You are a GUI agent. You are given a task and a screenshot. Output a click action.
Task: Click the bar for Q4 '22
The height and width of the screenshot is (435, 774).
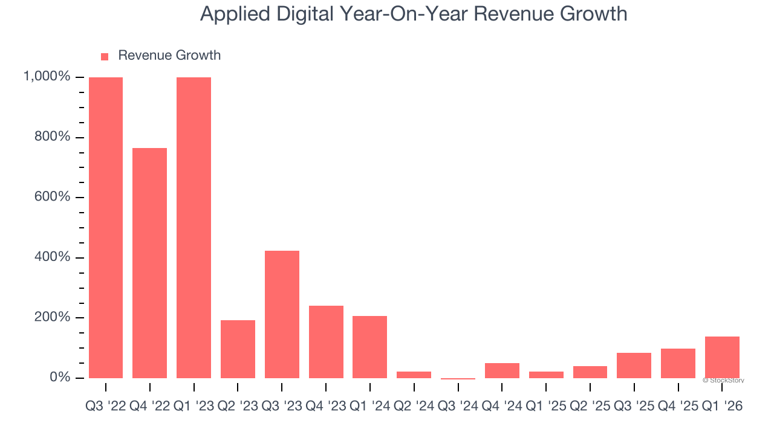point(149,263)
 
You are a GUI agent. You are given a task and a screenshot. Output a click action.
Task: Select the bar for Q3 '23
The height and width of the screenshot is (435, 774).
point(282,314)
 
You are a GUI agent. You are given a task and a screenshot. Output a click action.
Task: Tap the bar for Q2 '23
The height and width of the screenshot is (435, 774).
point(238,349)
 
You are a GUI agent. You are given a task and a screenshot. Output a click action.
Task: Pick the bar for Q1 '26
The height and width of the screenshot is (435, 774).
point(722,357)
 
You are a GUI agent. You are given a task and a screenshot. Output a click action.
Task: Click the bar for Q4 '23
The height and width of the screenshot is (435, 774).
point(326,341)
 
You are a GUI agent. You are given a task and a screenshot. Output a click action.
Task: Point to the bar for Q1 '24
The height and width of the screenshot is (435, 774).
point(370,347)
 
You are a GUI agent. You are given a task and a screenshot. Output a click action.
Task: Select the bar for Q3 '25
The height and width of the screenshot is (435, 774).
point(634,365)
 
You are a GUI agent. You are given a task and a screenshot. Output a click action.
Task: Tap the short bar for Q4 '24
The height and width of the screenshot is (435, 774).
point(502,370)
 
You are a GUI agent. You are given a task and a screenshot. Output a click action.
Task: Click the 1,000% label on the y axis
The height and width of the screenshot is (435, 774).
point(47,77)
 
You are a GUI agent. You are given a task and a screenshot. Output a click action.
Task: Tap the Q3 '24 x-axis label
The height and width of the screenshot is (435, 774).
point(458,407)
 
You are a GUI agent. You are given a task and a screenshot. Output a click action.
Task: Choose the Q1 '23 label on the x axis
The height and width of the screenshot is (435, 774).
point(193,407)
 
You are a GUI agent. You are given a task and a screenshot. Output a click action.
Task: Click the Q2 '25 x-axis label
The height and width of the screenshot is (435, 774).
point(590,407)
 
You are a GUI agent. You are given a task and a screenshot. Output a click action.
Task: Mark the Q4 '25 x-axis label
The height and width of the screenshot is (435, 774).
point(678,407)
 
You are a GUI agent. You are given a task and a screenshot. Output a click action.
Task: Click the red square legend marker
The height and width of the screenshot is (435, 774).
point(105,56)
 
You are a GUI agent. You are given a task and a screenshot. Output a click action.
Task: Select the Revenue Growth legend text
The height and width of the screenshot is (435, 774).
point(169,56)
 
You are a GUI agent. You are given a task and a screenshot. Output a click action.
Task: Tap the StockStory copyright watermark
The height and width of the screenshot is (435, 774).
point(723,381)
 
